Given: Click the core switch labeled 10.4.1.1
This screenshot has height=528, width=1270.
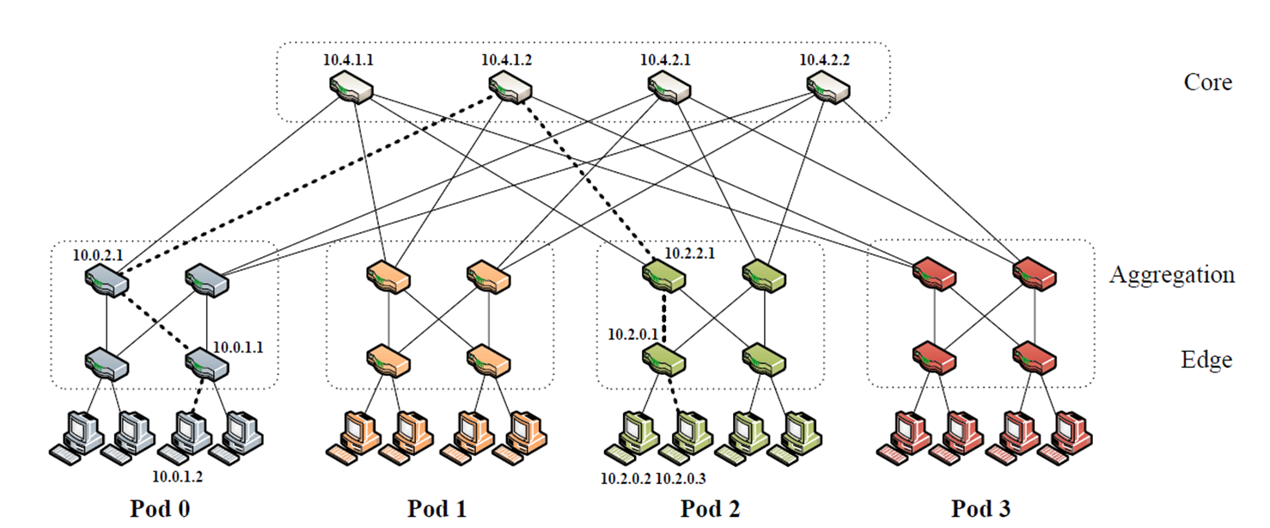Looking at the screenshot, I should click(x=351, y=88).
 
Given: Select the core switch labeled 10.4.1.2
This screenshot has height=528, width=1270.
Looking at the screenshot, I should click(x=510, y=88).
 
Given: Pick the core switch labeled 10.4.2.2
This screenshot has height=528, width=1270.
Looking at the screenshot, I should click(x=828, y=88).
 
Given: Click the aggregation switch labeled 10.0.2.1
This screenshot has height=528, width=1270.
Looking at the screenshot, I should click(x=108, y=278).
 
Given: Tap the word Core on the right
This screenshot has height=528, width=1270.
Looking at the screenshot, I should click(x=1207, y=83).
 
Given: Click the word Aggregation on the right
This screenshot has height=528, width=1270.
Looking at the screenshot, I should click(x=1171, y=275).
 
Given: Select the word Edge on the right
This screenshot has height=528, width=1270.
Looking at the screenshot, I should click(x=1206, y=359).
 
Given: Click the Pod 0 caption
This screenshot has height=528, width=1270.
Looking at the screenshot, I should click(x=159, y=508).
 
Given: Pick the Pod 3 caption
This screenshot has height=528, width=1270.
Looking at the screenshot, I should click(x=981, y=508).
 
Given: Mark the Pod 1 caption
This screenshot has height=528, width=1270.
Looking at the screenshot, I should click(x=438, y=508).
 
